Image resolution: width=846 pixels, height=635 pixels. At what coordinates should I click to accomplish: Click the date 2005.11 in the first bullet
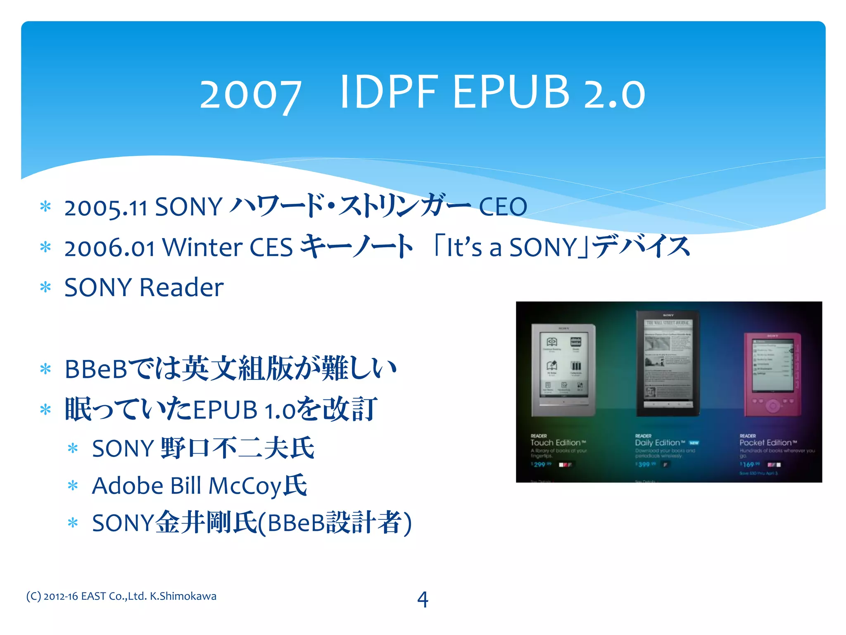[x=106, y=207]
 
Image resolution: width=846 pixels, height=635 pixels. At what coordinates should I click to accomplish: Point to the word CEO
[x=503, y=206]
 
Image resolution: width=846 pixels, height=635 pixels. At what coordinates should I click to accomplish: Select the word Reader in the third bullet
[x=182, y=287]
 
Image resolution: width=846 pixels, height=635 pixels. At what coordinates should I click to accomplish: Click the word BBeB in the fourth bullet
[x=96, y=369]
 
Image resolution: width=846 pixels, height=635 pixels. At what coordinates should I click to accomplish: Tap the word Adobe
[x=128, y=485]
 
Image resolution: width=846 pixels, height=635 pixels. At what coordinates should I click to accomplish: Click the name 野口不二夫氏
[x=238, y=448]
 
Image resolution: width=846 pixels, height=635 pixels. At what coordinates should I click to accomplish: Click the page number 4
[x=423, y=599]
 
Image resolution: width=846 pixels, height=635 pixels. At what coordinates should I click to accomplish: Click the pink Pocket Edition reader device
[x=772, y=374]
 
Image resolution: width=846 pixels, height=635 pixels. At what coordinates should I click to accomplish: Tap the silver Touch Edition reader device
[x=563, y=370]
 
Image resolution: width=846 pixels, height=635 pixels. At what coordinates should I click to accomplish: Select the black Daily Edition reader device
[x=668, y=363]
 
